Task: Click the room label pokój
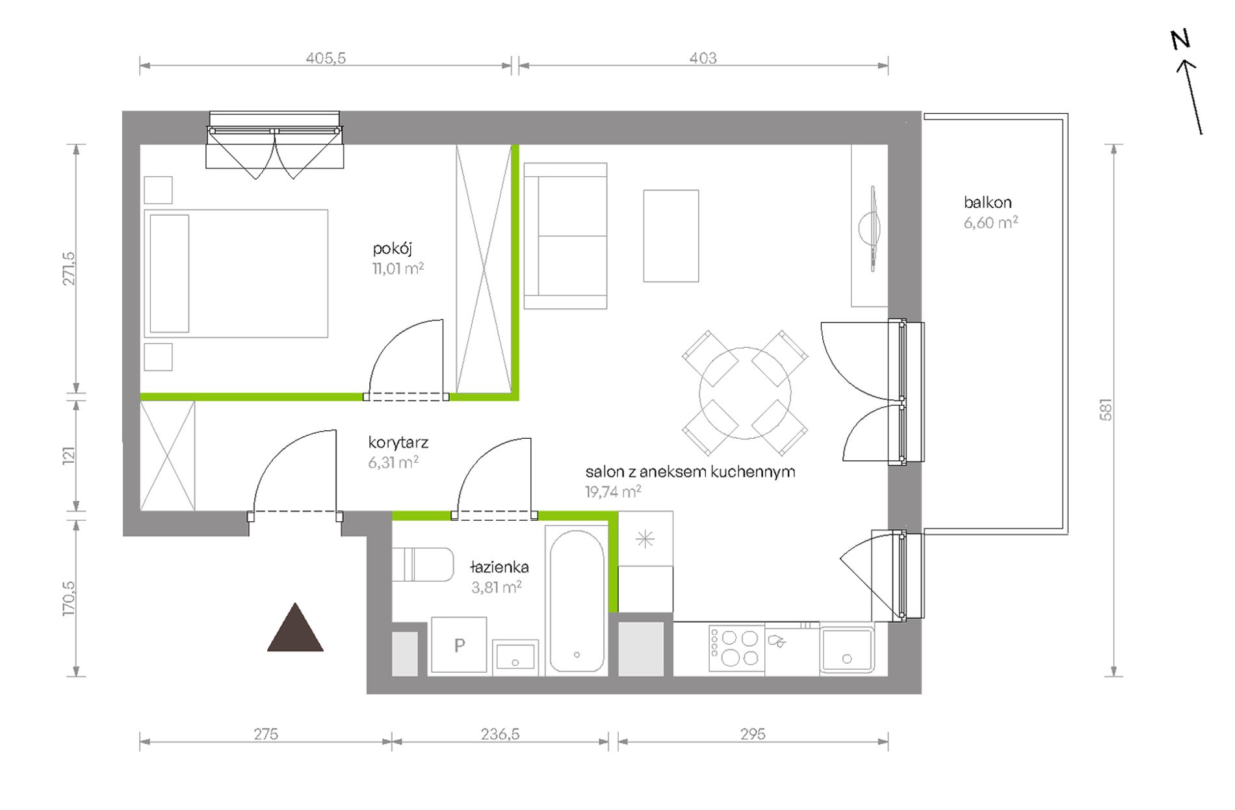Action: click(x=393, y=248)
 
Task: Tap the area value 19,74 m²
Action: click(x=613, y=491)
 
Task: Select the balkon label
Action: click(x=987, y=202)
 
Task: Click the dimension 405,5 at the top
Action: click(x=326, y=58)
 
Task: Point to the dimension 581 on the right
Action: click(x=1106, y=410)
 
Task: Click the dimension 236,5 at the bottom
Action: click(x=500, y=734)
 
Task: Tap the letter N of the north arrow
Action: click(x=1180, y=40)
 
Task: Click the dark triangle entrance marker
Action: click(x=295, y=627)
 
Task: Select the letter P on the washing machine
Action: click(x=460, y=646)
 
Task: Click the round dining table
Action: click(x=745, y=393)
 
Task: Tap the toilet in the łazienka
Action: click(x=422, y=564)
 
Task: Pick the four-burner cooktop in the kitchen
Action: click(x=736, y=648)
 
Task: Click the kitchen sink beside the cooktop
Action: click(x=847, y=649)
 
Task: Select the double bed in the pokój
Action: click(x=236, y=274)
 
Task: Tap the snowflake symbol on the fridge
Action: click(x=645, y=539)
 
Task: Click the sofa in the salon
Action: click(x=565, y=236)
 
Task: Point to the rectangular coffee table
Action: click(x=671, y=236)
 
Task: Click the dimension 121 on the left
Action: click(x=69, y=455)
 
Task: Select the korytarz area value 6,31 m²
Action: click(x=393, y=462)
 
